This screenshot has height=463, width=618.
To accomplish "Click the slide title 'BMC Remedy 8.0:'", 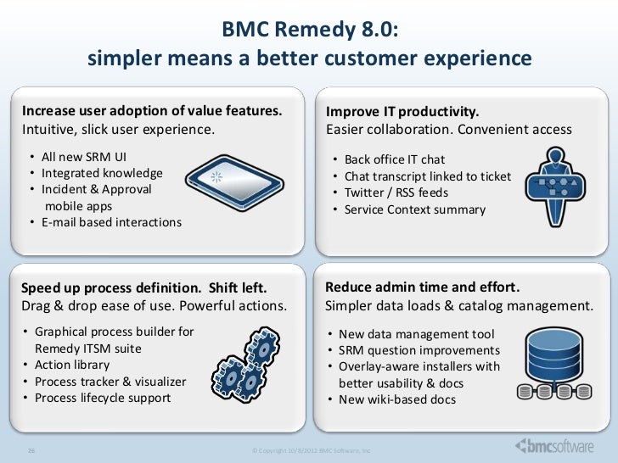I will coord(309,31).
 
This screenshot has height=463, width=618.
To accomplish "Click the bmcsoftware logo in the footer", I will coord(555,446).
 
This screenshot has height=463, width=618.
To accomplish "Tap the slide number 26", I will coord(33,449).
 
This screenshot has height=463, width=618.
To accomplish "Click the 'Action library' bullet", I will coord(71,365).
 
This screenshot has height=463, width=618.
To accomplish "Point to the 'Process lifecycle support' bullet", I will coord(102,397).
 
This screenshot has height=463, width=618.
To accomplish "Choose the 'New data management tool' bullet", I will coord(415,334).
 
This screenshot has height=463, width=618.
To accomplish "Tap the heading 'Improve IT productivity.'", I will coord(403,113).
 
